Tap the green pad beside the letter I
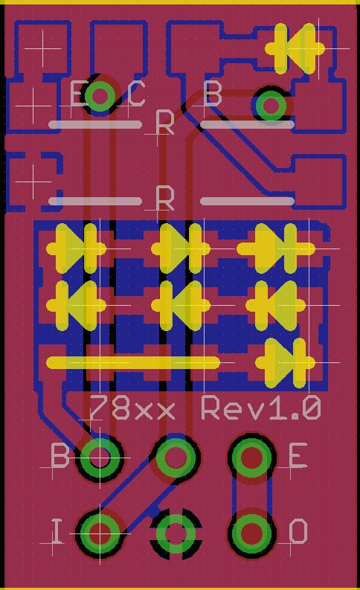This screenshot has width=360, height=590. (x=100, y=533)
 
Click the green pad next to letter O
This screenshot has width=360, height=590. (x=251, y=533)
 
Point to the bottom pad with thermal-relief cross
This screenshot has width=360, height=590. (x=176, y=533)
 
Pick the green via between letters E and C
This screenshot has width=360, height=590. (x=100, y=95)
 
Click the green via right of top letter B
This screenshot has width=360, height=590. (x=271, y=106)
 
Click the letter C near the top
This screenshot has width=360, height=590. (x=136, y=94)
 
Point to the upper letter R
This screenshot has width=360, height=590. (x=165, y=123)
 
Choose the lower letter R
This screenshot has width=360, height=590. (x=165, y=198)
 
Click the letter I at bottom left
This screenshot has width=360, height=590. (x=57, y=531)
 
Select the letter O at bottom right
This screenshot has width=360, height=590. (x=298, y=531)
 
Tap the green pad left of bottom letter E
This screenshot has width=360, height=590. (x=251, y=457)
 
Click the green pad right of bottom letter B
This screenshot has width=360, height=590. (x=100, y=457)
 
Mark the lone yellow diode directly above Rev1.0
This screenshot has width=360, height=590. (x=286, y=363)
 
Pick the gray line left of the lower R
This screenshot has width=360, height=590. (x=95, y=202)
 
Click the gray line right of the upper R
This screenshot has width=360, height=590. (x=247, y=124)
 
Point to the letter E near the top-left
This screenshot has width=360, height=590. (x=78, y=93)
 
